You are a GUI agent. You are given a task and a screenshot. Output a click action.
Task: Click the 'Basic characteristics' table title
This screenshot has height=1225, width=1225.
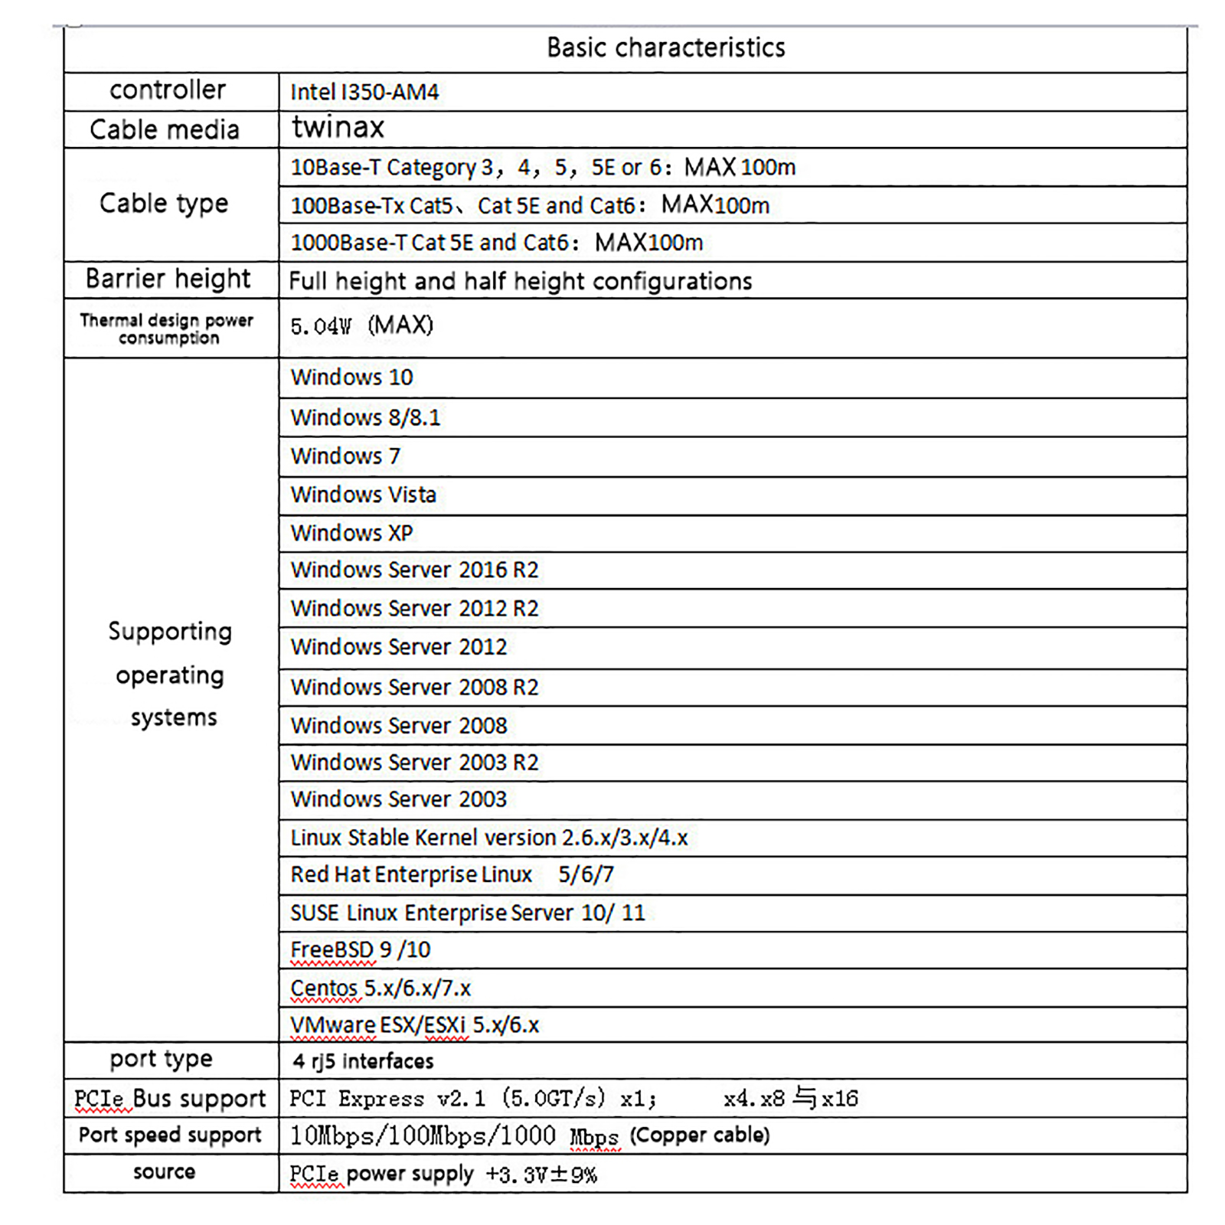[x=665, y=47]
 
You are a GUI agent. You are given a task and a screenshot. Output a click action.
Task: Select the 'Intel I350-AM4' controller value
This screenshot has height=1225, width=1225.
[x=364, y=93]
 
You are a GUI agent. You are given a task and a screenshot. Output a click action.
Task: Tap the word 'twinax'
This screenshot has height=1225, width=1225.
[x=338, y=127]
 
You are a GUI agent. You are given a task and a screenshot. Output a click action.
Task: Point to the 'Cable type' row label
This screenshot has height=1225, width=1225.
[x=164, y=204]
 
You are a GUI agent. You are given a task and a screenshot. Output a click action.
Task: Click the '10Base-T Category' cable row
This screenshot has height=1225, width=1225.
[x=542, y=167]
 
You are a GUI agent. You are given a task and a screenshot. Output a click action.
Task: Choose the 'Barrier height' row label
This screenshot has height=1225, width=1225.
[x=168, y=279]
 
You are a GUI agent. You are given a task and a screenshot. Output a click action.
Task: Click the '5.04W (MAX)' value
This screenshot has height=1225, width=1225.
[x=361, y=326]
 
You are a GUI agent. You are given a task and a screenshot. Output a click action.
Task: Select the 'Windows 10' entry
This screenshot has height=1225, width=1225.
[x=351, y=377]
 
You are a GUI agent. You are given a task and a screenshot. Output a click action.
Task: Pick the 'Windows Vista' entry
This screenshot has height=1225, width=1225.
[x=363, y=495]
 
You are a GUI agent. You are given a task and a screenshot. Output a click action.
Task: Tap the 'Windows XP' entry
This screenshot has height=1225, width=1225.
[x=351, y=533]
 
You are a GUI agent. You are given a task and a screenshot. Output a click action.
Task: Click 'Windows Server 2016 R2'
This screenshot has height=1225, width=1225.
[x=414, y=570]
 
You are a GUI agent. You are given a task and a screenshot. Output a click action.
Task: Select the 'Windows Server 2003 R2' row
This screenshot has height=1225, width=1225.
[x=414, y=763]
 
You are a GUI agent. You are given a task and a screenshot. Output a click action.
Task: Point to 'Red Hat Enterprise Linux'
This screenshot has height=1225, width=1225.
[x=411, y=874]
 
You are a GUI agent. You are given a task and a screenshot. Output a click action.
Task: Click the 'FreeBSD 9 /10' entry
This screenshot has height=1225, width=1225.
[x=360, y=949]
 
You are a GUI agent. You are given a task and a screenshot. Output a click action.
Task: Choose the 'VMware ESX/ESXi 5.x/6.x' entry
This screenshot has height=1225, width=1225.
[x=414, y=1025]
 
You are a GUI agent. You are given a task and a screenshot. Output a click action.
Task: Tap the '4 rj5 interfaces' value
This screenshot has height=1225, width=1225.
[x=363, y=1061]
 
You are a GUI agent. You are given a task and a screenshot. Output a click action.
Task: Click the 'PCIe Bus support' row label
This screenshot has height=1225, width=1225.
[x=170, y=1099]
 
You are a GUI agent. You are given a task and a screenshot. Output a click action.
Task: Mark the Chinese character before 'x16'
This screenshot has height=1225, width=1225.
[x=804, y=1098]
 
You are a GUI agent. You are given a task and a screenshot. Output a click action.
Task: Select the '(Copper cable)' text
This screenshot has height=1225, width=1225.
[x=699, y=1135]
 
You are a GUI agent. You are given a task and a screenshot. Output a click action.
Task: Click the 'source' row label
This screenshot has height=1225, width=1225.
[x=164, y=1171]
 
